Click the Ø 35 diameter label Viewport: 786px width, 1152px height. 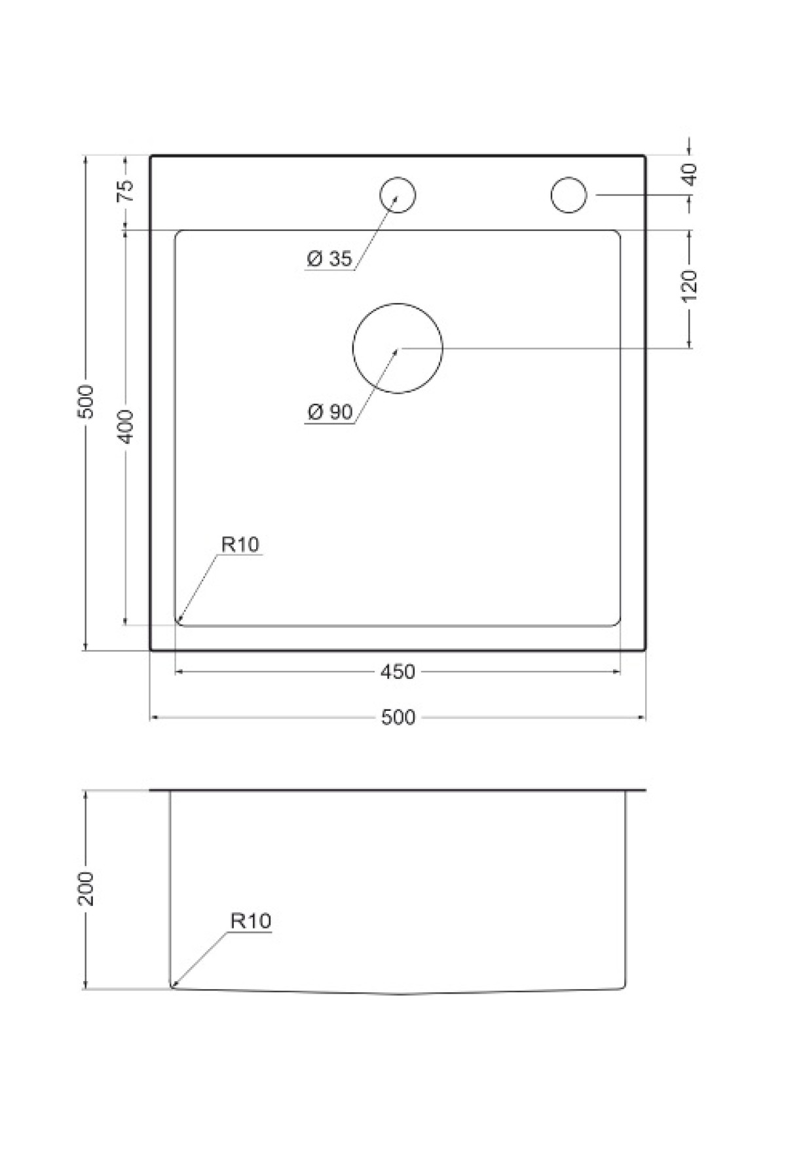(329, 259)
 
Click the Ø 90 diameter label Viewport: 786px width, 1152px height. (329, 412)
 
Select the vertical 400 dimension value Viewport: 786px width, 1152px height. (125, 426)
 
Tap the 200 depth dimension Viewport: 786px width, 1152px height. (86, 888)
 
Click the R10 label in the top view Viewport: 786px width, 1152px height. (240, 544)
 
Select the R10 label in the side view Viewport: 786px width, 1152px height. (250, 921)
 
